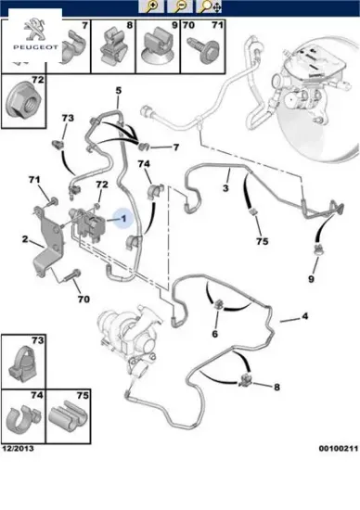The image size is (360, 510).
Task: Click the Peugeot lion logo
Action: coord(35,29)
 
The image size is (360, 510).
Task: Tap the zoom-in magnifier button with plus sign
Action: coord(151,6)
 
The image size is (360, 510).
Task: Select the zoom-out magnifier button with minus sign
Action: coord(180,6)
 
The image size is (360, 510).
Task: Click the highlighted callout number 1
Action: coord(123,218)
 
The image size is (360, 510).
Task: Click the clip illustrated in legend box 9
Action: coord(158,47)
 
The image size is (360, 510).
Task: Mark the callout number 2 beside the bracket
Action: coord(25,239)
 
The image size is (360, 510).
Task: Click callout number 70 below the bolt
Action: coord(84,299)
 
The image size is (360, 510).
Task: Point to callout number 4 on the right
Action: coord(304,316)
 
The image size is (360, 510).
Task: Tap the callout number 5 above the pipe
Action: coord(119,90)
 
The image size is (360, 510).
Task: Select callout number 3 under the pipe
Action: coord(225,187)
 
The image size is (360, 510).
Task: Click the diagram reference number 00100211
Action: coord(338,449)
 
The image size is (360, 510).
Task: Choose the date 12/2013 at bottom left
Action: coord(19,449)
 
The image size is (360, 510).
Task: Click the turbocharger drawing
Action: coord(130,338)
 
